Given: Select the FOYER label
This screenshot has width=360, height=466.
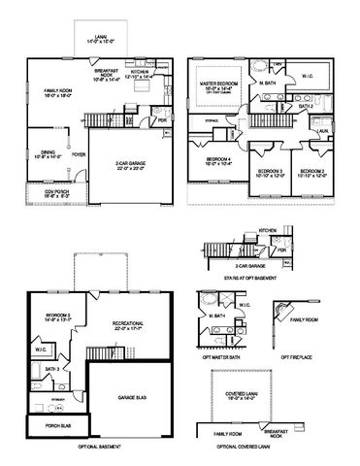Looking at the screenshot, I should click(x=79, y=153).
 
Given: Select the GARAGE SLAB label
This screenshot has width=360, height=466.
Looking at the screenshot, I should click(x=132, y=398).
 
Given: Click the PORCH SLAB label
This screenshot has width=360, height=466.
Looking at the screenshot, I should click(x=47, y=425).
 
